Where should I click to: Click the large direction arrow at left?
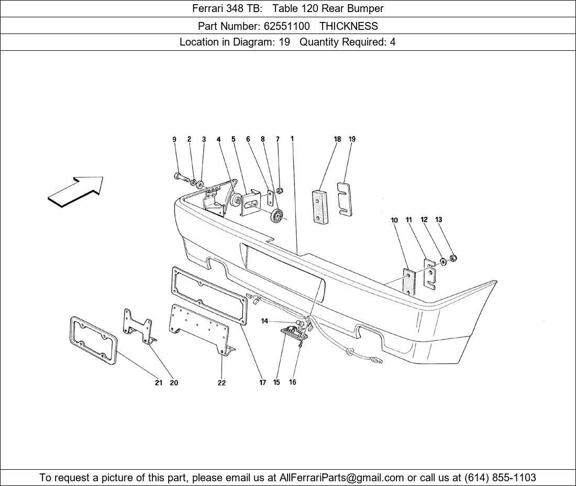[x=76, y=191]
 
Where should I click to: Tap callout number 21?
[x=158, y=383]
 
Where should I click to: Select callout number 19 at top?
[x=352, y=139]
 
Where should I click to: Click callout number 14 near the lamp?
[x=264, y=322]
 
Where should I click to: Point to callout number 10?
[x=394, y=220]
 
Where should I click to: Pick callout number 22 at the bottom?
[x=221, y=383]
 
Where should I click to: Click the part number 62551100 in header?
[x=286, y=26]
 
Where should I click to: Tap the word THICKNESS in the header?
[x=349, y=26]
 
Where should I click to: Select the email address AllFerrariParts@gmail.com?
[x=341, y=478]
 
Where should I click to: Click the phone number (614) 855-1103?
[x=500, y=478]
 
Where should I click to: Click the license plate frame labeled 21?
[x=93, y=340]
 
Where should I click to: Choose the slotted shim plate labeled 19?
[x=344, y=198]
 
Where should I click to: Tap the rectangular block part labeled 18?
[x=320, y=206]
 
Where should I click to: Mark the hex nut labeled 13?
[x=453, y=258]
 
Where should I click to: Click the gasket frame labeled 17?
[x=209, y=296]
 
